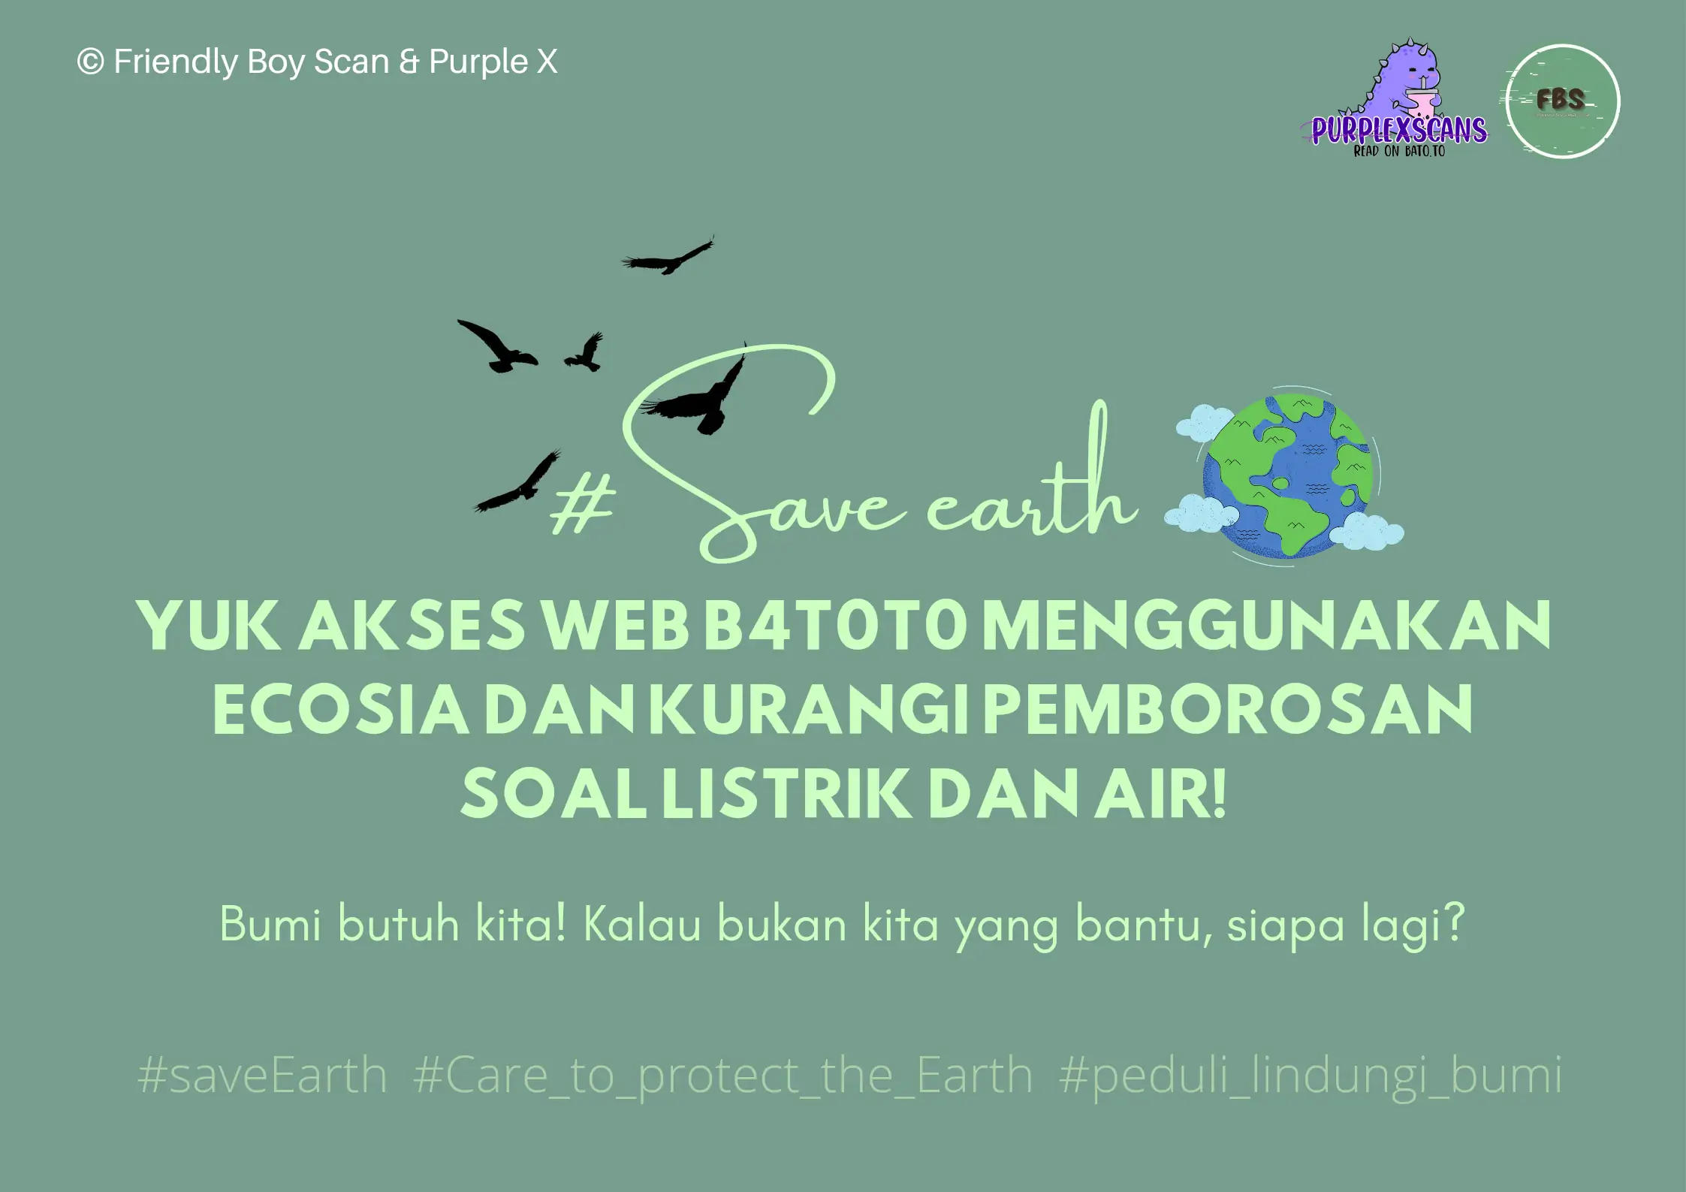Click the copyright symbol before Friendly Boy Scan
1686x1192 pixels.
(x=90, y=62)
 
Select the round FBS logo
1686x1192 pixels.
(x=1563, y=101)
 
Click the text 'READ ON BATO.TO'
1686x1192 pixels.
(x=1399, y=151)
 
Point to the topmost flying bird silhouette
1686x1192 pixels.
(x=667, y=257)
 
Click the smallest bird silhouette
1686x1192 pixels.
(x=585, y=352)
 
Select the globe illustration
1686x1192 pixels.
(x=1287, y=476)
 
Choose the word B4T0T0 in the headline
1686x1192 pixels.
(x=834, y=625)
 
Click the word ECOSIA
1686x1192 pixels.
(x=341, y=709)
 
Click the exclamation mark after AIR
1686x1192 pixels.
(x=1219, y=794)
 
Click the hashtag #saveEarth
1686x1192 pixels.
(x=262, y=1075)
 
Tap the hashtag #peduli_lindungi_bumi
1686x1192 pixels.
(x=1310, y=1076)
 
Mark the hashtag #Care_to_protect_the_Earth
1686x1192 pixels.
(x=723, y=1076)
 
